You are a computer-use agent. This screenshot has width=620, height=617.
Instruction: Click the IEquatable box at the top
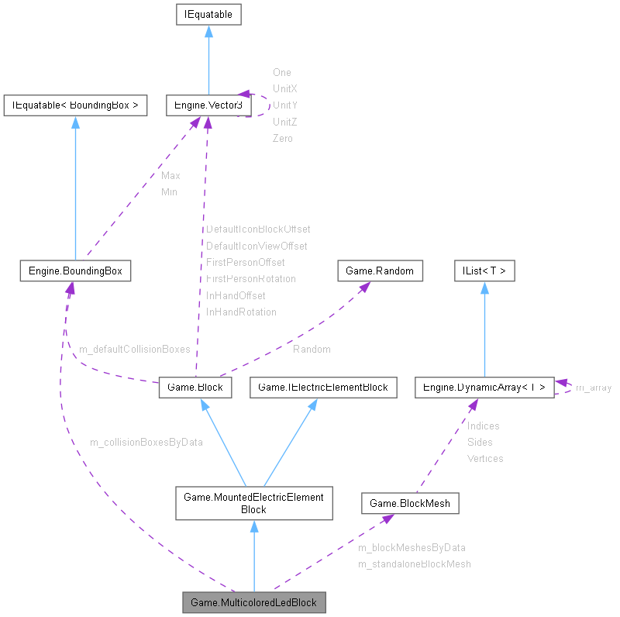coord(208,14)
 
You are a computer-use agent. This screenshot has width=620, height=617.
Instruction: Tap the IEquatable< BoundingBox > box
coord(75,105)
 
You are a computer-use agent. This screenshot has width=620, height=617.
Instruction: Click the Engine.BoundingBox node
coord(75,271)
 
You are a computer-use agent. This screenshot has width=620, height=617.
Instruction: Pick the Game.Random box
coord(381,271)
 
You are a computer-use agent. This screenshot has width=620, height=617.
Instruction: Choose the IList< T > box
coord(484,271)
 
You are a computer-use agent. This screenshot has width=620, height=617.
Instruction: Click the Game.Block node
coord(195,387)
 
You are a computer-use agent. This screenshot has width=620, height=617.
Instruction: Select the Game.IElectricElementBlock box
coord(322,387)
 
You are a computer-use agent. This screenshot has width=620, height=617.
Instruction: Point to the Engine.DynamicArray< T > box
coord(484,387)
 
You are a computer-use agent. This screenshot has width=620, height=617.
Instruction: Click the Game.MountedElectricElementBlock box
coord(253,503)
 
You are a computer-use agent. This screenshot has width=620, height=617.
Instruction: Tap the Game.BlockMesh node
coord(410,503)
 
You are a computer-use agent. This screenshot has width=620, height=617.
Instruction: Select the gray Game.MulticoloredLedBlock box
coord(253,602)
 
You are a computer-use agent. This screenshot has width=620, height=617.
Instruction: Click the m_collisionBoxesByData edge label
coord(146,442)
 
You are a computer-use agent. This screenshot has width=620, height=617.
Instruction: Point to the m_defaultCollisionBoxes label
coord(135,349)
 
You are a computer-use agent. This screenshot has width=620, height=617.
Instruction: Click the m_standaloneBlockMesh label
coord(414,564)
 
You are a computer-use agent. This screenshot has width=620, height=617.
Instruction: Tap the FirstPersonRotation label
coord(250,278)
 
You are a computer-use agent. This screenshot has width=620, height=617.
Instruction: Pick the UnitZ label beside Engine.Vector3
coord(284,122)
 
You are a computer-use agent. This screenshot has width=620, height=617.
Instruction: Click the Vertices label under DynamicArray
coord(485,458)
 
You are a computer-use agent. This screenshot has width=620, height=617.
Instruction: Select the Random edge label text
coord(312,349)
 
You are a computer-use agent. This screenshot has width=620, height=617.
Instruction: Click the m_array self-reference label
coord(594,388)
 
